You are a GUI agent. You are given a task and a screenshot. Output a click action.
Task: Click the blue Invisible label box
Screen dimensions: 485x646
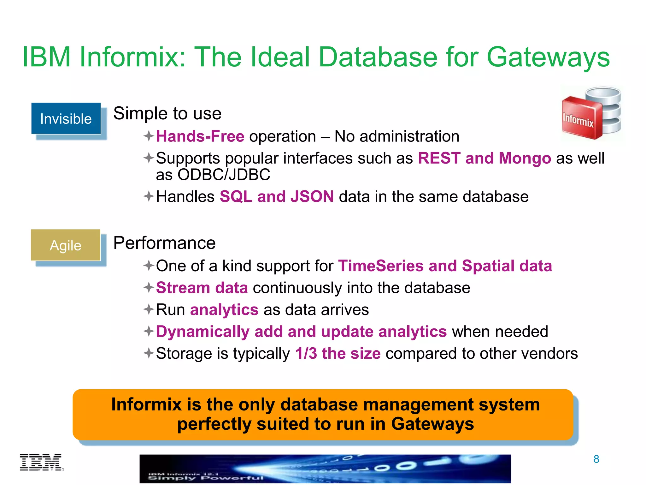[66, 119]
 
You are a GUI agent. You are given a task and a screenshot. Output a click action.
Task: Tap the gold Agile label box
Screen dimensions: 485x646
[66, 245]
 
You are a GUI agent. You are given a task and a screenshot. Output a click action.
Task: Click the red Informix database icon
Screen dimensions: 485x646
[591, 114]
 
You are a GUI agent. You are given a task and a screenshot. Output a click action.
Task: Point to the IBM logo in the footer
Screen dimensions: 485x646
[41, 463]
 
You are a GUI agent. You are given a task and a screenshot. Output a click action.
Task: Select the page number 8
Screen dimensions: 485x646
[596, 459]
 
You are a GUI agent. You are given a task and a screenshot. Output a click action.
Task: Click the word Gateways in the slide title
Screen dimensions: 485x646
[548, 57]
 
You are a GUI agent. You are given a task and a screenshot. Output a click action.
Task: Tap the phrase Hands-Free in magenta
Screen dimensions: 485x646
[200, 136]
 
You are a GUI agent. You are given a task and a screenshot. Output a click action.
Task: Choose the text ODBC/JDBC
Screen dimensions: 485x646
[224, 175]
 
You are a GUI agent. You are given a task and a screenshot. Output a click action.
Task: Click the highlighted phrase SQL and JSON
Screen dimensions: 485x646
[277, 196]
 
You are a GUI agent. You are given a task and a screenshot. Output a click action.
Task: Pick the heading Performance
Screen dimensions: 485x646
[164, 243]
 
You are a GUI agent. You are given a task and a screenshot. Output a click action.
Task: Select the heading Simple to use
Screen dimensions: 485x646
[167, 113]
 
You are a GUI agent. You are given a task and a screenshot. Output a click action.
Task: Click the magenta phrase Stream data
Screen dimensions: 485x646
[202, 288]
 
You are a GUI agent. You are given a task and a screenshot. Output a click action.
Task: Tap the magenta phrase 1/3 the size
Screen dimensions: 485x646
[338, 353]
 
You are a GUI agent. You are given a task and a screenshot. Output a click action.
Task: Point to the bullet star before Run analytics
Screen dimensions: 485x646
[149, 309]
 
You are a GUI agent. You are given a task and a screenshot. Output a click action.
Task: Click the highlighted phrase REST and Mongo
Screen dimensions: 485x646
[484, 158]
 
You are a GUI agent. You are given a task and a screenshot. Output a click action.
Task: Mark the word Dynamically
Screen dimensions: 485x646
[203, 332]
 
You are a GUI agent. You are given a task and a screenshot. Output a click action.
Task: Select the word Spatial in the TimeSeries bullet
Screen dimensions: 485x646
[488, 266]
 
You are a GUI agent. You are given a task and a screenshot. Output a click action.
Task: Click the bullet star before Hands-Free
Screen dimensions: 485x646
[149, 136]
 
